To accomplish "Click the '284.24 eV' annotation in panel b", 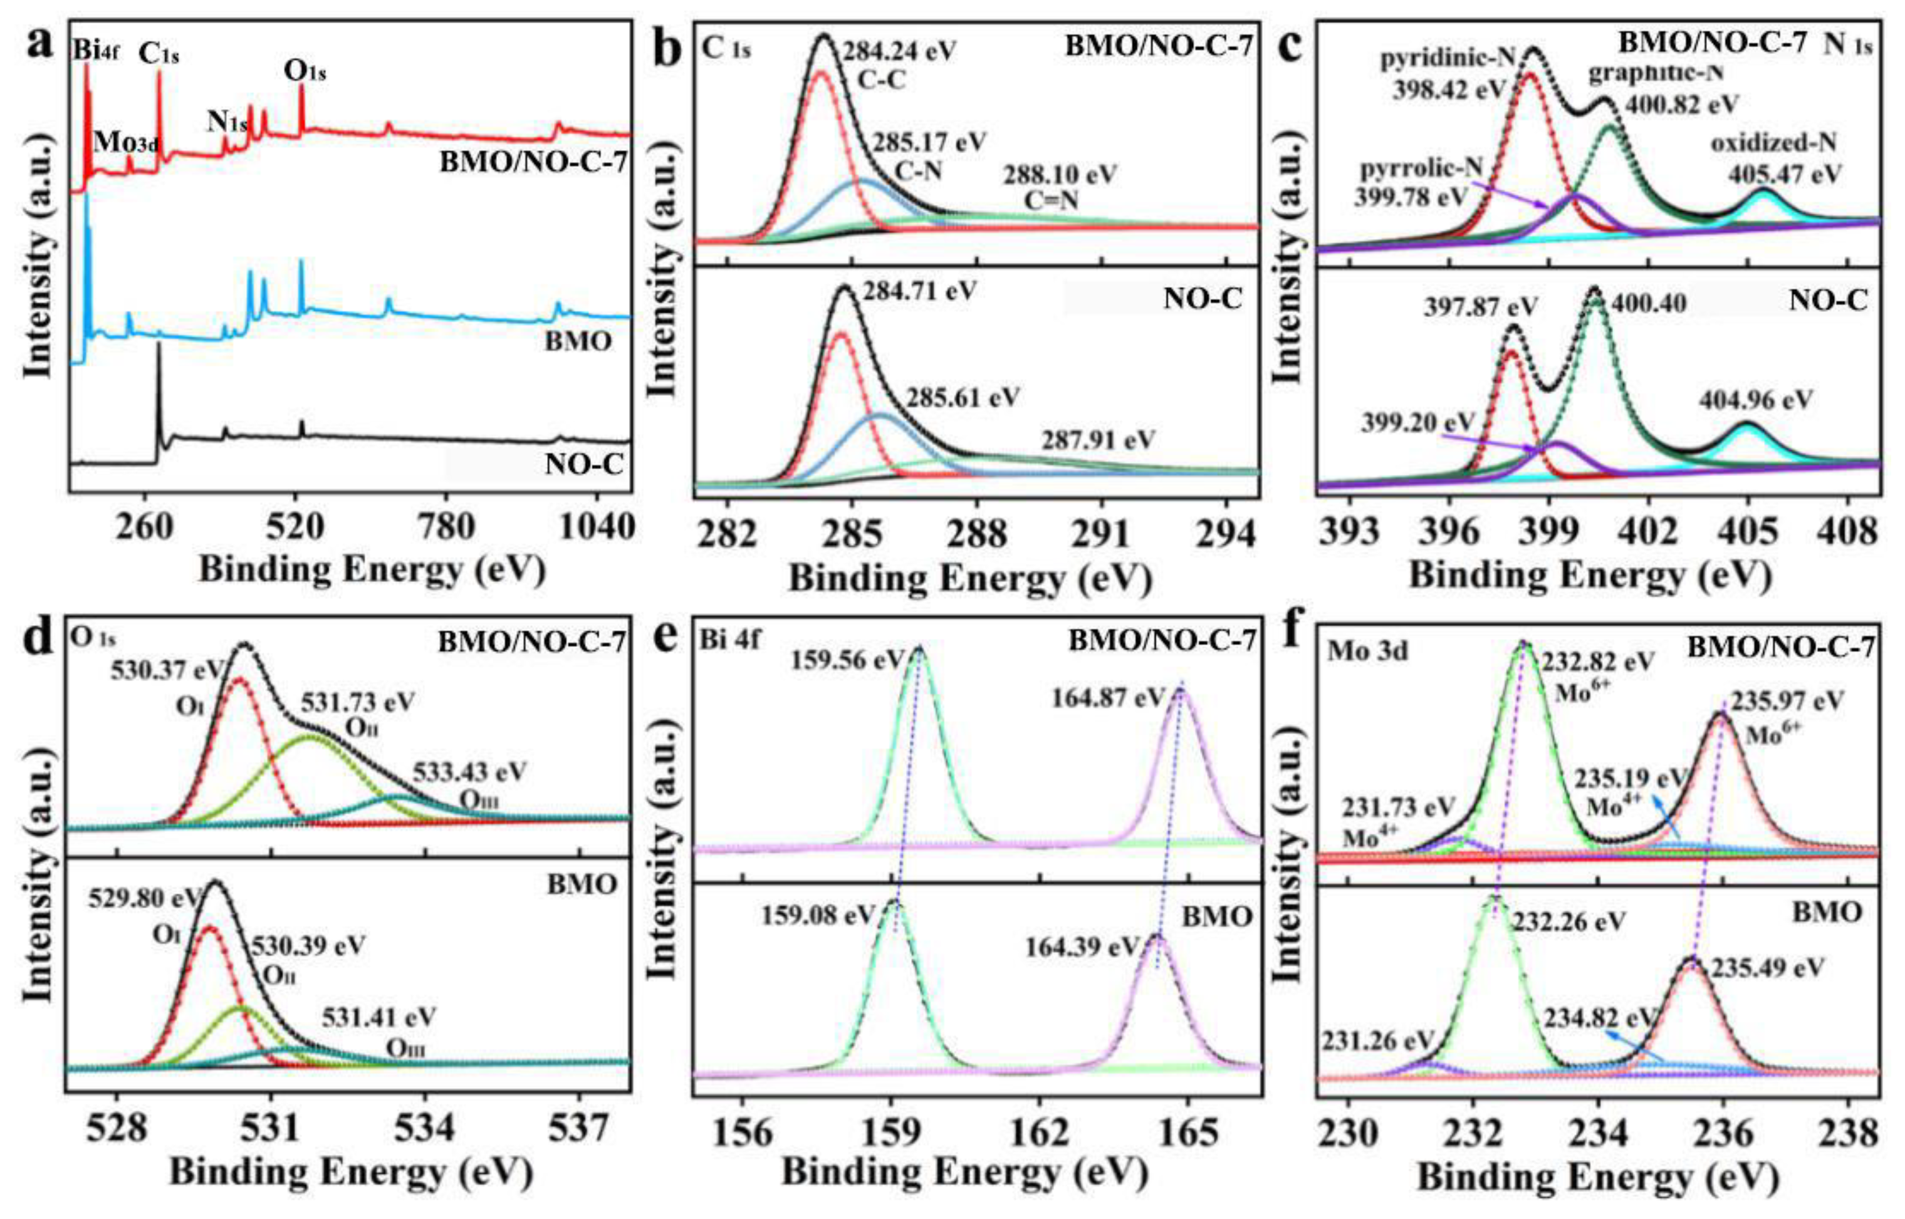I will coord(899,51).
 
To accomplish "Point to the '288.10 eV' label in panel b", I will coord(1060,175).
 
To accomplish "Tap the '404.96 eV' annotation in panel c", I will coord(1755,400).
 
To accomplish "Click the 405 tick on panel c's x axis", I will coord(1749,532).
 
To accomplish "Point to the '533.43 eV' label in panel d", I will coord(469,771).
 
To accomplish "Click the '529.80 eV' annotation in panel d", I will coord(144,899).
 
